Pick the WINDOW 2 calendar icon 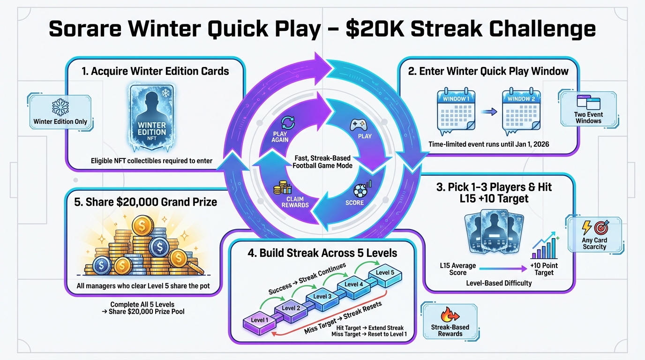(521, 111)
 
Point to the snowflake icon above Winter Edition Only (60, 107)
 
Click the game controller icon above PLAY (357, 124)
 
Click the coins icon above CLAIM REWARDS (283, 188)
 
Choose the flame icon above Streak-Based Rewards (450, 314)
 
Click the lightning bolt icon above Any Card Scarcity (586, 228)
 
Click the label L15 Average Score (458, 269)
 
